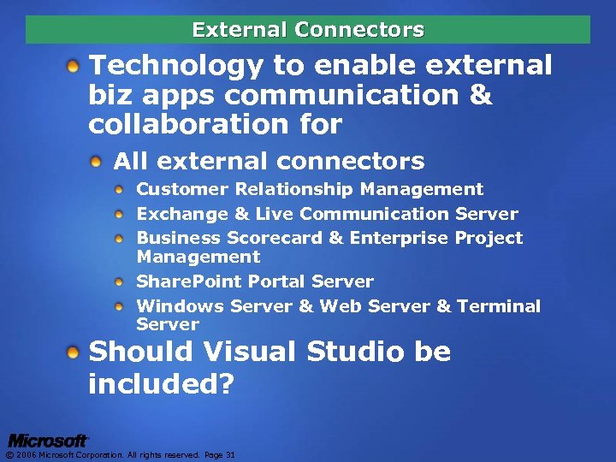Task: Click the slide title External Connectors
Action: [x=308, y=30]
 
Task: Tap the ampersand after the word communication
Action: [x=481, y=95]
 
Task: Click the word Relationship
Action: [x=294, y=189]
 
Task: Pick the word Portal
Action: [x=277, y=281]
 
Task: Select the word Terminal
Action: [x=499, y=306]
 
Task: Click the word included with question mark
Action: [x=161, y=383]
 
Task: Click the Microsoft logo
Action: [x=48, y=441]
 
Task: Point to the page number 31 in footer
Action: [x=230, y=455]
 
